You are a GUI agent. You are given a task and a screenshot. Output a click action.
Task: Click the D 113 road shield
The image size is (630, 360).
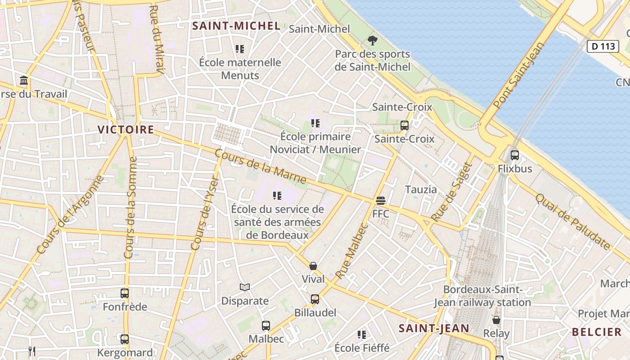click(x=603, y=46)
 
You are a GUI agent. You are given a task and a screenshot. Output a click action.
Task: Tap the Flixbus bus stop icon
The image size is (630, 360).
click(x=514, y=155)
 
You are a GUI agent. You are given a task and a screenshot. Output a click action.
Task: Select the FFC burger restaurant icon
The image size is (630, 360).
click(x=381, y=200)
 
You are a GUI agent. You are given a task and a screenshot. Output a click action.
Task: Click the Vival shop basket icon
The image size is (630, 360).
click(x=313, y=266)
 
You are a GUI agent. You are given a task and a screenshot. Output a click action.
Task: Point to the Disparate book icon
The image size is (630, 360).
click(x=245, y=287)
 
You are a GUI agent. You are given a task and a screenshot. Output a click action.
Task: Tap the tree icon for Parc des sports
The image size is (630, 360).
click(x=372, y=41)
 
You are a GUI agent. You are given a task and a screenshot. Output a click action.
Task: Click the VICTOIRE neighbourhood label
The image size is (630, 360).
click(x=126, y=130)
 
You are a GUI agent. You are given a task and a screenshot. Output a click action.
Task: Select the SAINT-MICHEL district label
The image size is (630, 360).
click(x=237, y=26)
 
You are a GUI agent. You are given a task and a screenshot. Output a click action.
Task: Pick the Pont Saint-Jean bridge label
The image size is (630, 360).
click(x=518, y=75)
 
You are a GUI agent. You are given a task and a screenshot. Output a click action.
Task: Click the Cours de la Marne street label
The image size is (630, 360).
click(x=261, y=166)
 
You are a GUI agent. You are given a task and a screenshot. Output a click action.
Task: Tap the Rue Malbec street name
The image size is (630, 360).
click(x=352, y=250)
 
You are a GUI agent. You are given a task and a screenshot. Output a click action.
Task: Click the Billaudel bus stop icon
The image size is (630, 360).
click(x=315, y=299)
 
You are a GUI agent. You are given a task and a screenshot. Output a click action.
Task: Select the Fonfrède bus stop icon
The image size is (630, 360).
click(x=125, y=293)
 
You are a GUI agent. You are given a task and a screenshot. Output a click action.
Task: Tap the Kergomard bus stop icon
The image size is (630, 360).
click(x=125, y=339)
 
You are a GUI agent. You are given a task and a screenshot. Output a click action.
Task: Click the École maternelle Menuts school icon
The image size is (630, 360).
click(x=239, y=49)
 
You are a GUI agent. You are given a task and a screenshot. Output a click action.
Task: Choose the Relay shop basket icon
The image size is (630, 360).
click(x=496, y=320)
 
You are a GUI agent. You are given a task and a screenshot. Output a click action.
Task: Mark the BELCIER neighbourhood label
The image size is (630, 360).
click(x=597, y=333)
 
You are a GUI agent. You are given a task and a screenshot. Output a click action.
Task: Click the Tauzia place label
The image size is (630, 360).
click(x=421, y=189)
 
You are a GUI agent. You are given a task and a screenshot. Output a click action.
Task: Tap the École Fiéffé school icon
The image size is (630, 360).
click(x=361, y=334)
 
